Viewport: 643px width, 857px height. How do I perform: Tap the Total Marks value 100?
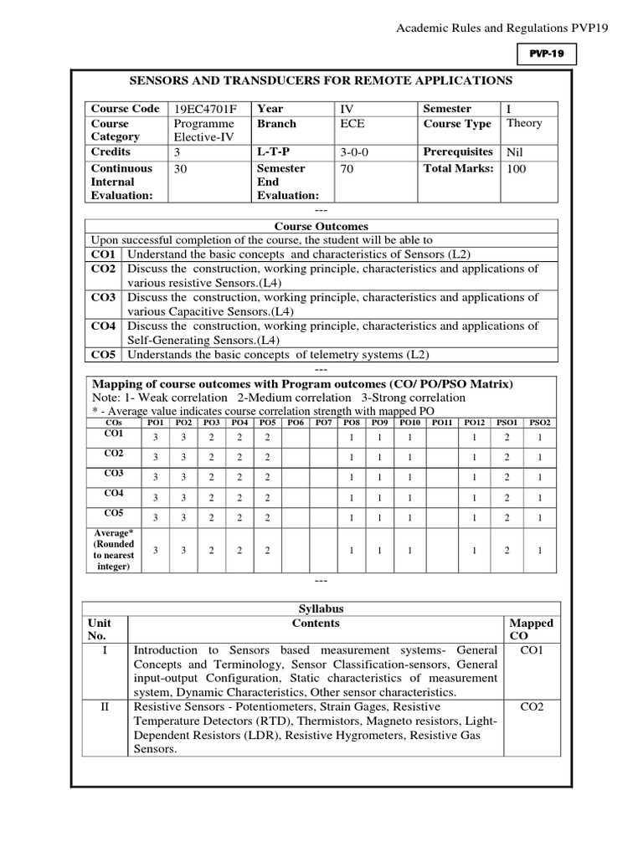click(x=517, y=168)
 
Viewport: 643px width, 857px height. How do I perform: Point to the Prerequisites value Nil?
click(x=514, y=152)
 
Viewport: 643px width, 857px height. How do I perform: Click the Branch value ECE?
click(x=352, y=123)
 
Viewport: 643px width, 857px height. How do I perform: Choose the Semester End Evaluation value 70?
click(x=347, y=168)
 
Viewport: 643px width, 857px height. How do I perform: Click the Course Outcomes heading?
click(x=321, y=226)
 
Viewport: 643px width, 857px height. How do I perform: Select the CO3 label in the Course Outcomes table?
click(x=105, y=297)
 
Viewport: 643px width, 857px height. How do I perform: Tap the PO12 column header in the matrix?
click(x=475, y=423)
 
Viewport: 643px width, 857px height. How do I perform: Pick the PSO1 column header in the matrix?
click(x=506, y=423)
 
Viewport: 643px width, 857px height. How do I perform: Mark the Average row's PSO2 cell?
click(x=540, y=550)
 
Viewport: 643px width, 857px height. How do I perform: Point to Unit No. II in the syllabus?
click(x=105, y=706)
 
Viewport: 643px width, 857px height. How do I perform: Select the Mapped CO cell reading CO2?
click(x=532, y=706)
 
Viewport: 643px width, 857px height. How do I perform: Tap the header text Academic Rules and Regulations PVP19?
click(x=502, y=28)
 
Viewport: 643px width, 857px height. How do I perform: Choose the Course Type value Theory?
click(x=524, y=123)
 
